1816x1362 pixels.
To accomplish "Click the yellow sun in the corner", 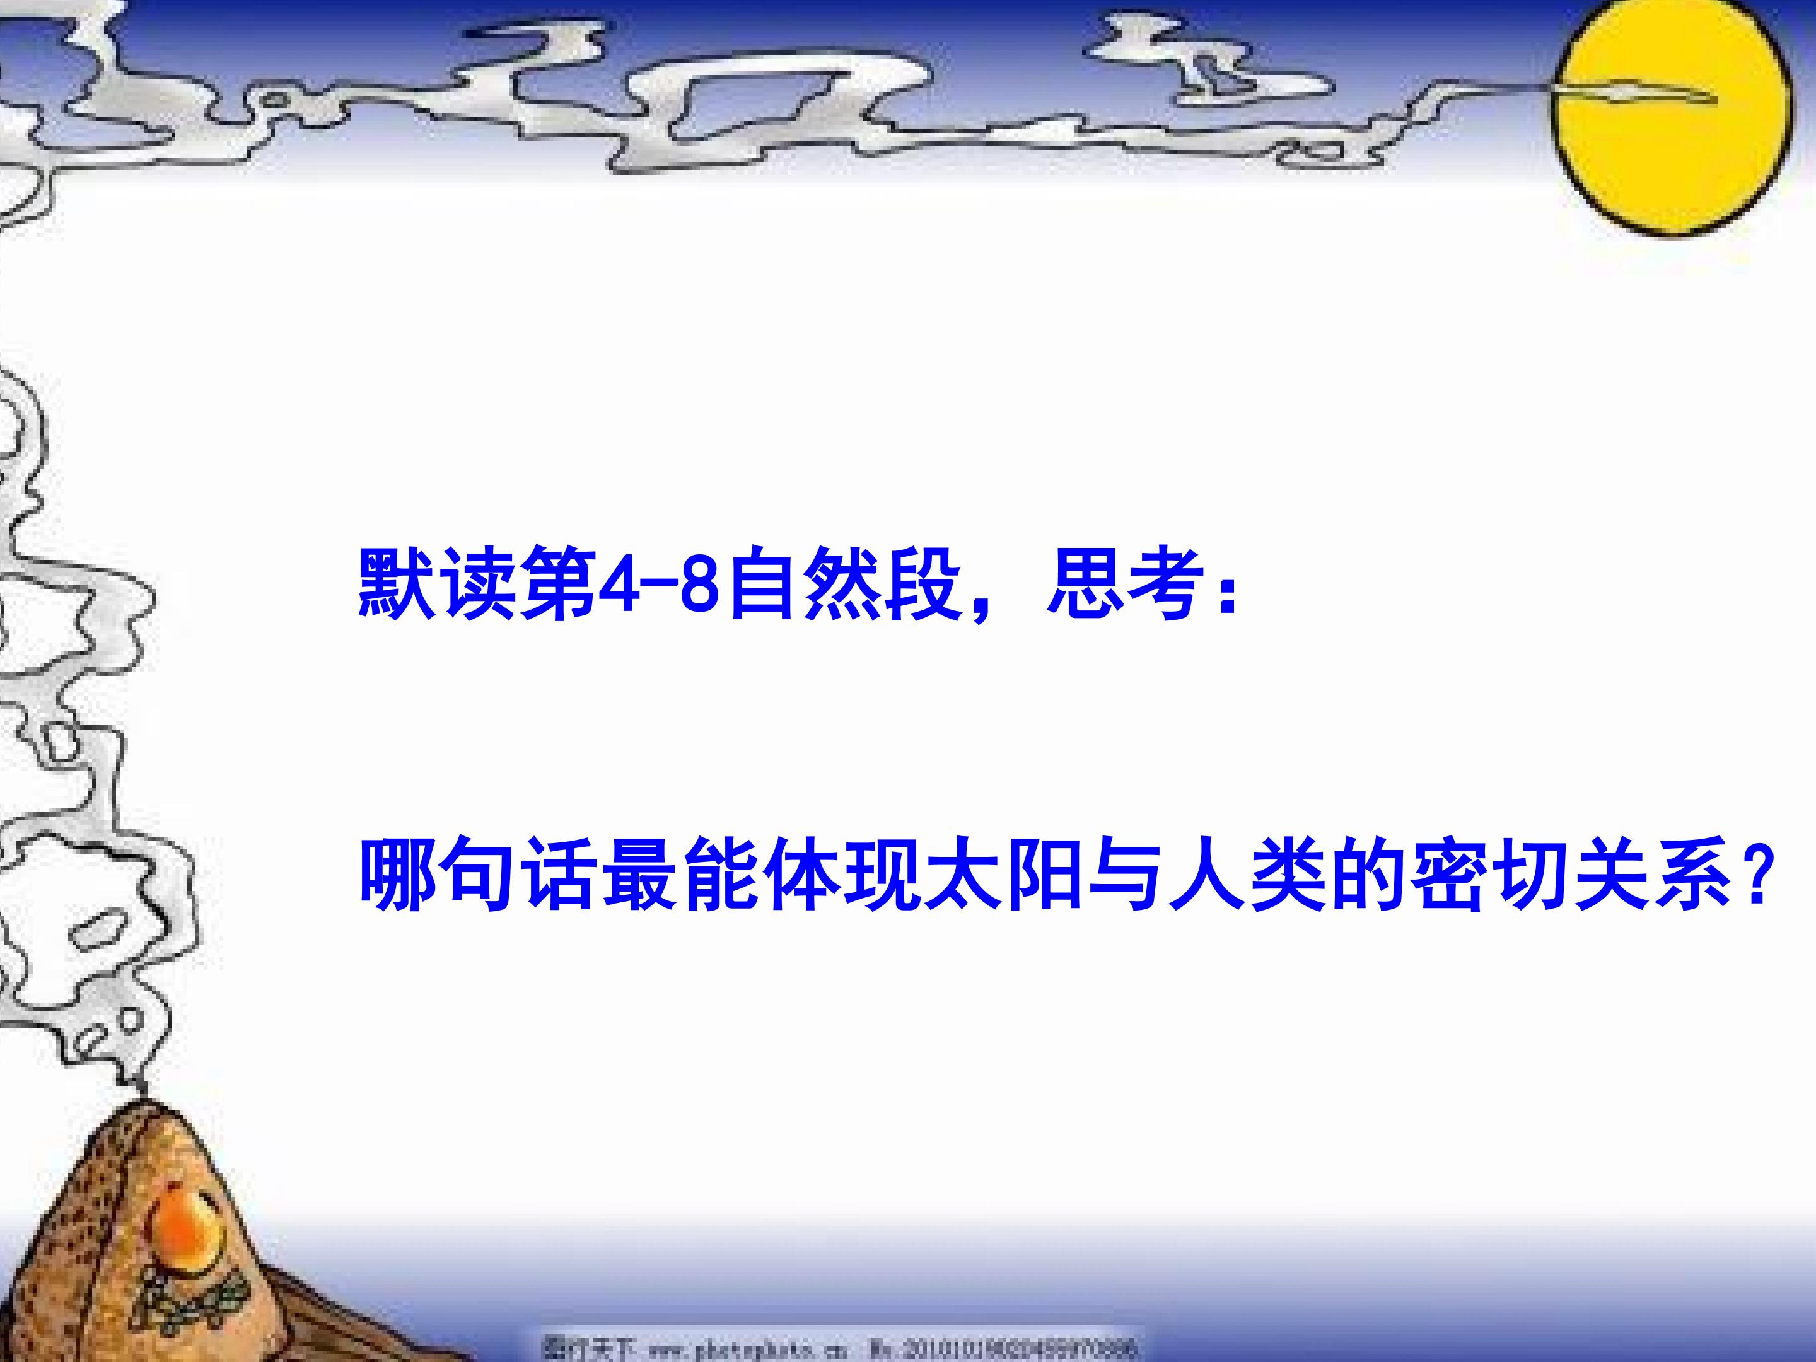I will tap(1672, 119).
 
